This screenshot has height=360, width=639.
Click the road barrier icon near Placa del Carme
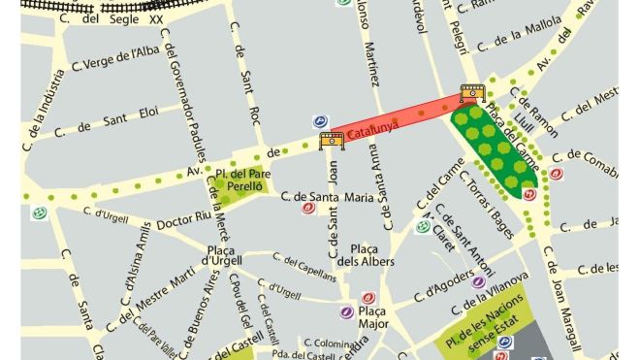pos(472,94)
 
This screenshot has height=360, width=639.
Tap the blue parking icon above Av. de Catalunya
pos(319,122)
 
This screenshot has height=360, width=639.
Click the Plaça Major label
pos(378,317)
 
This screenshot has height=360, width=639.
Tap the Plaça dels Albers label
pos(370,256)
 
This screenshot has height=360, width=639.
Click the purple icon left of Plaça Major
pos(347,312)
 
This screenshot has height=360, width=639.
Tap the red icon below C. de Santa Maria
pos(307,208)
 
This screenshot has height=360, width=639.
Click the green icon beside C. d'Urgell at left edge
pos(39,213)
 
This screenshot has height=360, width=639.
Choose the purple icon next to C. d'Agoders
pos(477,282)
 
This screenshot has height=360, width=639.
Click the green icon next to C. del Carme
pos(422,227)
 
